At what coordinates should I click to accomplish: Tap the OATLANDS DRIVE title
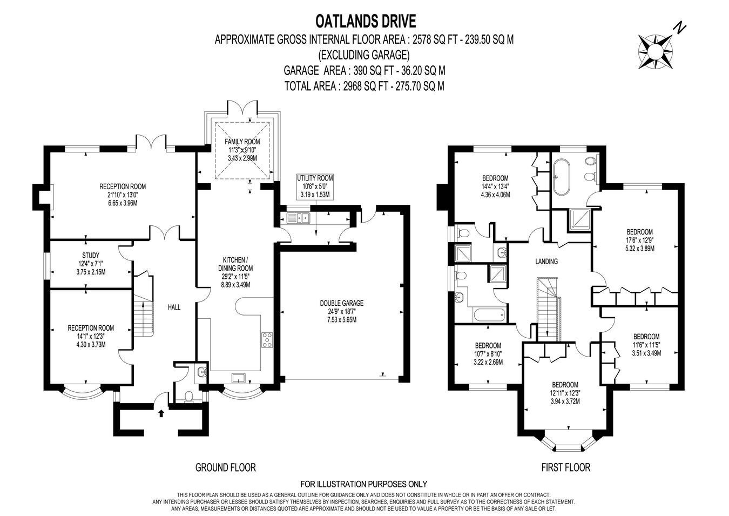tap(366, 22)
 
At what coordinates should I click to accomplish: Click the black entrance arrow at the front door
tap(161, 413)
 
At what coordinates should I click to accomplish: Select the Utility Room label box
tap(315, 186)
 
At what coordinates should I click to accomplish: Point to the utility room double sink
tap(298, 218)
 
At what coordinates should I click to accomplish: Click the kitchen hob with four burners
tap(267, 340)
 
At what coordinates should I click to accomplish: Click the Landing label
tap(546, 261)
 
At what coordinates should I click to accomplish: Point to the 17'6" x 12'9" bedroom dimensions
tap(639, 240)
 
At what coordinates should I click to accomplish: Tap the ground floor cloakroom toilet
tap(188, 397)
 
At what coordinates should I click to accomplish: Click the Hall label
tap(174, 307)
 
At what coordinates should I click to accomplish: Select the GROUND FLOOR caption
tap(226, 467)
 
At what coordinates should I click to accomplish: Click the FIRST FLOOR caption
tap(565, 467)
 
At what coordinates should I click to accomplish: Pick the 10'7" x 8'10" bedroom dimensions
tap(488, 353)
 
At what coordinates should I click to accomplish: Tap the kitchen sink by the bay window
tap(239, 378)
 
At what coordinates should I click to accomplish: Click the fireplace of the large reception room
tap(43, 197)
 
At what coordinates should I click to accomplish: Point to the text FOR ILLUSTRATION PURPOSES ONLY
tap(363, 484)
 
